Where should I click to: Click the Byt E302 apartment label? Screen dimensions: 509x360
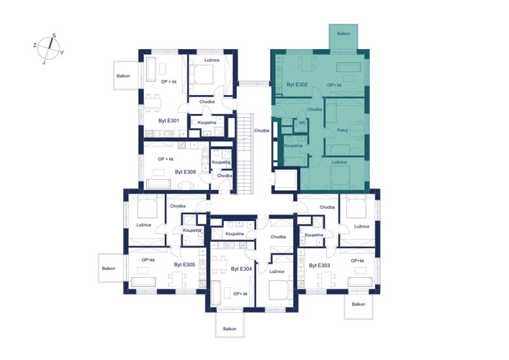tap(297, 84)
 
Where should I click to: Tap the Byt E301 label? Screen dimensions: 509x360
tap(168, 121)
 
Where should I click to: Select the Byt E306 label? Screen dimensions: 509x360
tap(185, 172)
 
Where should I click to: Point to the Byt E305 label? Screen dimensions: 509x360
tap(184, 264)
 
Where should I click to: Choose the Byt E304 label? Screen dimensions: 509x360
tap(241, 269)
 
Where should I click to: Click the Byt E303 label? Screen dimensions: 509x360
tap(320, 265)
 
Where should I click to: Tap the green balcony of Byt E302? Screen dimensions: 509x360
tap(343, 37)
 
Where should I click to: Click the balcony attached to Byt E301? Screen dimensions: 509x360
tap(126, 76)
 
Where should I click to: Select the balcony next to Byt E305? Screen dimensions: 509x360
tap(111, 268)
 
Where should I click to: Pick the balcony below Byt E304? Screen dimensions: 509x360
tap(230, 325)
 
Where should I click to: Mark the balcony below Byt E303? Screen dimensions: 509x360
tap(359, 306)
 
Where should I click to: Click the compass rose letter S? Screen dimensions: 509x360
tap(54, 35)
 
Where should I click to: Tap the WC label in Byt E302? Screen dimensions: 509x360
tap(302, 123)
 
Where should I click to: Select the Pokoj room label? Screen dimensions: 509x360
tap(342, 130)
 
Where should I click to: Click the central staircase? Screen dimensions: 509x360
tap(245, 153)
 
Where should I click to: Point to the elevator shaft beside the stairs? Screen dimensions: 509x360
tap(286, 179)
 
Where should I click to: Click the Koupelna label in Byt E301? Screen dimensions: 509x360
tap(207, 122)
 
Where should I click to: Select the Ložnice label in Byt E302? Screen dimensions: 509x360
tap(339, 162)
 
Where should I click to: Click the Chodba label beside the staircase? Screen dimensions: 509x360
tap(261, 131)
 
